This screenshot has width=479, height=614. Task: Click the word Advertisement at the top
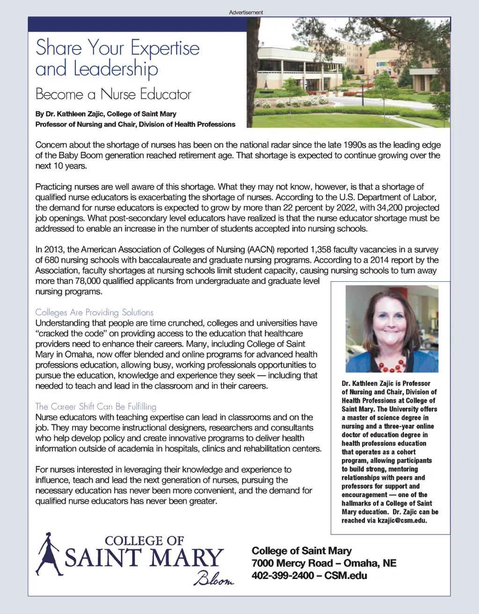246,13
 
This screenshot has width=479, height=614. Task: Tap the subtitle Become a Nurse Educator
113,94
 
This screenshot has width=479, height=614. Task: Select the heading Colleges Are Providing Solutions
94,312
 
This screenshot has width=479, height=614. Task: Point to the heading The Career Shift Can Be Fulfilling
95,407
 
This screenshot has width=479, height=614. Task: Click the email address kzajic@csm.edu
402,521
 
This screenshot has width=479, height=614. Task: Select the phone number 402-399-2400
283,575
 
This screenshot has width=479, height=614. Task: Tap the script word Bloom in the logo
213,579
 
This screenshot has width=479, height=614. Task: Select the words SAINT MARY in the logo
144,558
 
